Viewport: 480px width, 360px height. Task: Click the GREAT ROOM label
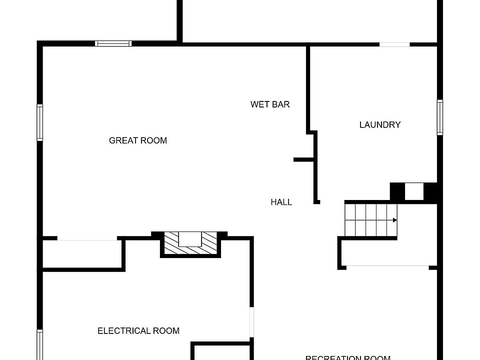(138, 140)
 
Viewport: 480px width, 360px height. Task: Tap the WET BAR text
(270, 104)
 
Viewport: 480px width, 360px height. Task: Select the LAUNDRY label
(380, 124)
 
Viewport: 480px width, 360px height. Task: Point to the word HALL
(281, 202)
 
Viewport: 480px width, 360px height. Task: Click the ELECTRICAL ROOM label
(138, 330)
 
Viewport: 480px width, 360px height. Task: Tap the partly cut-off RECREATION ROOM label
(347, 357)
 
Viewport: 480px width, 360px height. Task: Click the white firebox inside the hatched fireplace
(190, 239)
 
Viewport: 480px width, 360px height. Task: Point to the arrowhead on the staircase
(395, 220)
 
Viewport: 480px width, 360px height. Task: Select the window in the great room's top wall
(113, 43)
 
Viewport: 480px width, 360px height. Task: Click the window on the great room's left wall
(40, 122)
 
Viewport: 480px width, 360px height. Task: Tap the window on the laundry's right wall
(440, 117)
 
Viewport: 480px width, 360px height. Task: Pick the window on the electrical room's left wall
(40, 345)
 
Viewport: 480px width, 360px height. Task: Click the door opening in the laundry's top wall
(394, 44)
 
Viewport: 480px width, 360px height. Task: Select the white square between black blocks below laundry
(414, 192)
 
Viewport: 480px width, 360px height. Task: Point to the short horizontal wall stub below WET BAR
(303, 159)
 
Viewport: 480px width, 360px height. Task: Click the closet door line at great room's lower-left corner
(87, 240)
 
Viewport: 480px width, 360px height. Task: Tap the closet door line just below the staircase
(387, 266)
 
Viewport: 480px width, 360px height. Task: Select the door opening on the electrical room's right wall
(252, 322)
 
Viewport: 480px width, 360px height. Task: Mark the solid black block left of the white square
(397, 192)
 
